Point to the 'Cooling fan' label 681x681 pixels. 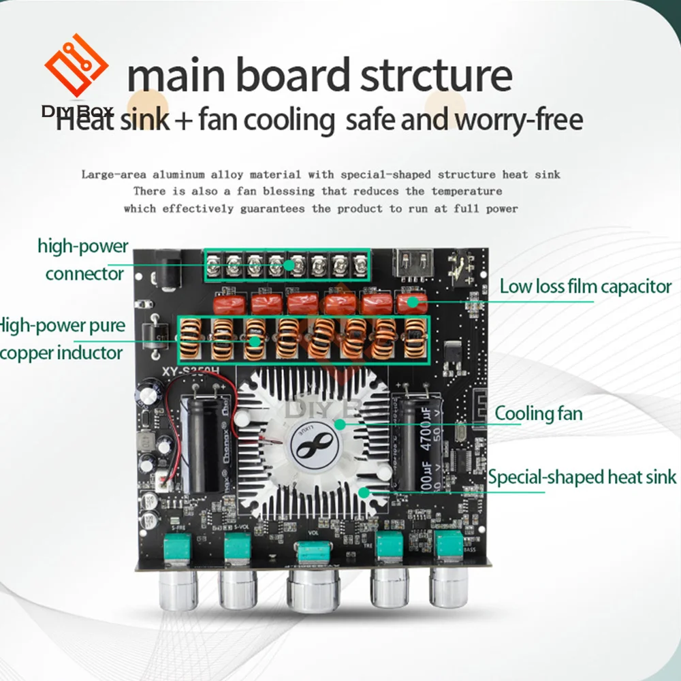tap(538, 413)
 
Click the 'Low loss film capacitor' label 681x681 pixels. tap(585, 286)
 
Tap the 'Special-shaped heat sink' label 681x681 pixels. tap(582, 476)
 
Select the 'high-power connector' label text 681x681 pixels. tap(84, 259)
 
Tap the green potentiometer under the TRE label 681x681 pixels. tap(390, 545)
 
